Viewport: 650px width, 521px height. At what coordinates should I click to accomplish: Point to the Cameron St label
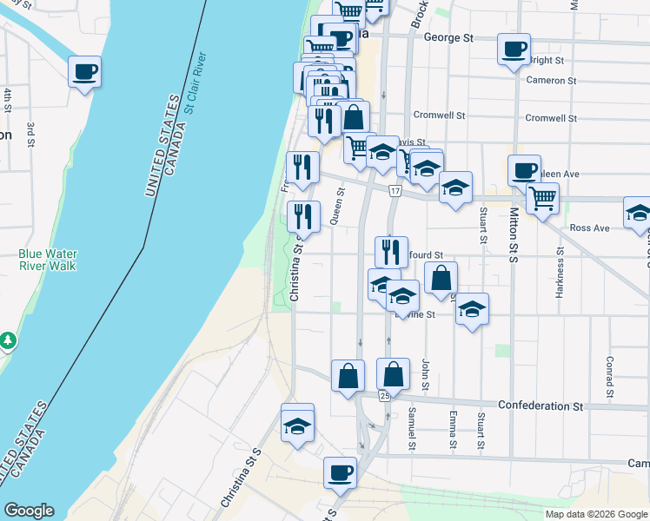pyautogui.click(x=552, y=81)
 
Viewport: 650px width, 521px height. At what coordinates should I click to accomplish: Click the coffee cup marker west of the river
pyautogui.click(x=84, y=71)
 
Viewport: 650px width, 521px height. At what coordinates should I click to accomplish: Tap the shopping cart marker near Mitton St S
pyautogui.click(x=542, y=199)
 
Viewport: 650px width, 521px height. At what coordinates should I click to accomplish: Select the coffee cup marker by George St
pyautogui.click(x=514, y=48)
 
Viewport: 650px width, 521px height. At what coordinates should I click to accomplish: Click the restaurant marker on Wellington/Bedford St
pyautogui.click(x=391, y=252)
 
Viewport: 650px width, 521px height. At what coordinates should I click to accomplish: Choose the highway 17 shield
pyautogui.click(x=395, y=190)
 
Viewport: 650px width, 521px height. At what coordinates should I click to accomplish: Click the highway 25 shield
pyautogui.click(x=384, y=396)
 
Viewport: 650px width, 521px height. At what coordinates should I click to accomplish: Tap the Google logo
pyautogui.click(x=29, y=511)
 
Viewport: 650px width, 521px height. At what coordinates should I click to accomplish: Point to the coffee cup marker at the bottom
pyautogui.click(x=340, y=472)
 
